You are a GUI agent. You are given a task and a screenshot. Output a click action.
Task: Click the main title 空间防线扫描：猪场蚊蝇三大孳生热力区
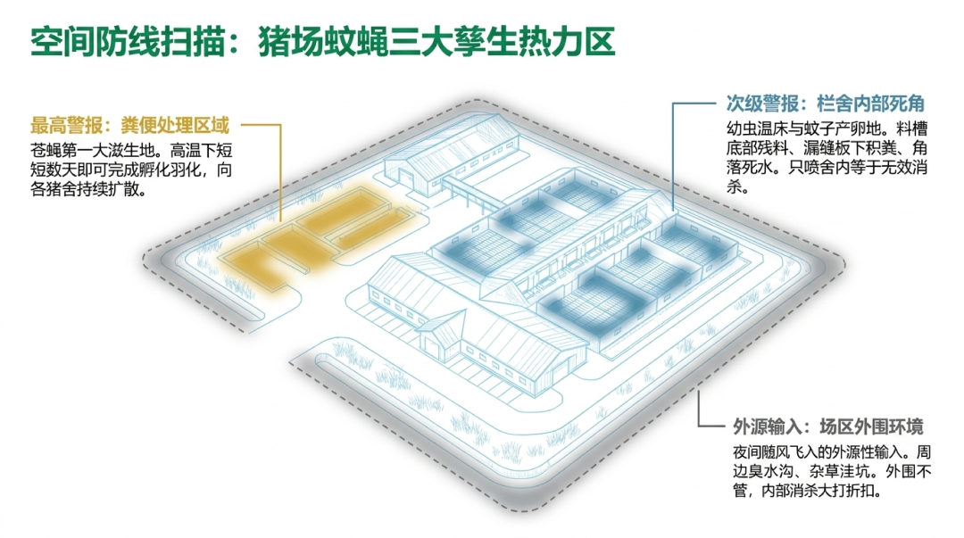point(322,42)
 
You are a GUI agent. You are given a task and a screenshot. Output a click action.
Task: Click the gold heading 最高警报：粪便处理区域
point(129,126)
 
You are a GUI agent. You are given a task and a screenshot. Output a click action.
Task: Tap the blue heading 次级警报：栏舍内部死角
point(825,103)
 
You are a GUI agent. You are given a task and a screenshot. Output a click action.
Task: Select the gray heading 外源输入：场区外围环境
point(827,426)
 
